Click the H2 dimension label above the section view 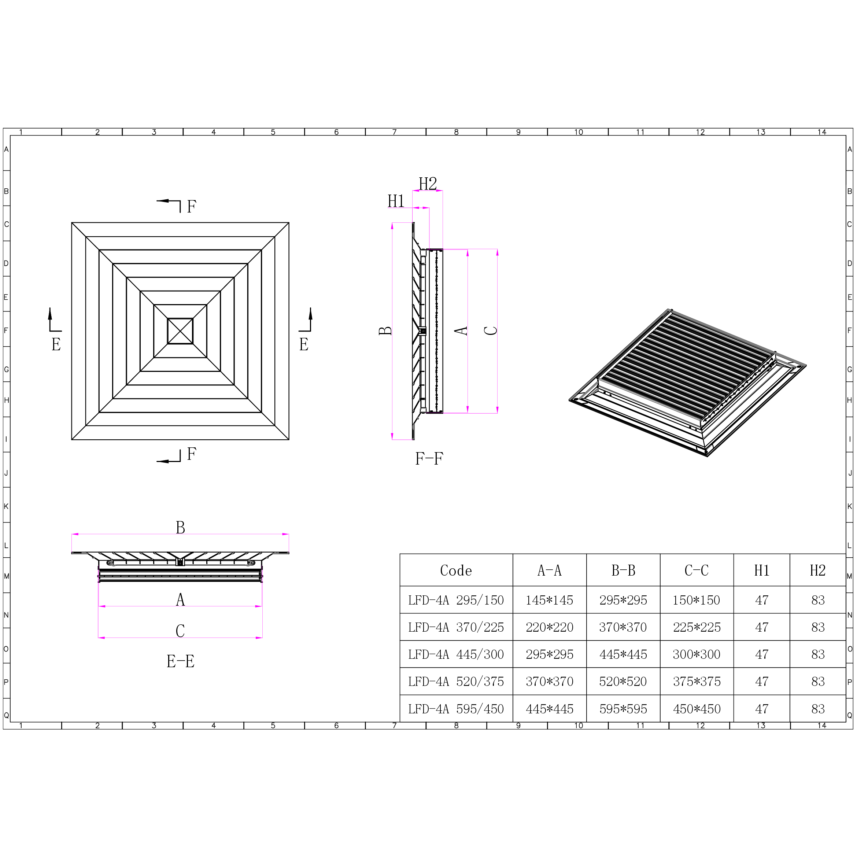[x=428, y=184]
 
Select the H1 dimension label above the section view [x=396, y=201]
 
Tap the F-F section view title [x=429, y=458]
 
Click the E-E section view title [x=180, y=661]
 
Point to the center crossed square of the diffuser [x=180, y=331]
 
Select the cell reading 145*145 [x=549, y=600]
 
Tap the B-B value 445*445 [x=623, y=654]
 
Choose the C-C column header [x=697, y=570]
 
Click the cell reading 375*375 [x=697, y=681]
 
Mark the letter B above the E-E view [x=180, y=527]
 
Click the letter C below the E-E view [x=180, y=631]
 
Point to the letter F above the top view [x=191, y=207]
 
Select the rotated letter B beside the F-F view [x=385, y=330]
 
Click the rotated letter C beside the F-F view [x=491, y=330]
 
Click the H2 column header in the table [x=817, y=570]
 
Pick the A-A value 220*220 [x=549, y=627]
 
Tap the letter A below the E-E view [x=180, y=600]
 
